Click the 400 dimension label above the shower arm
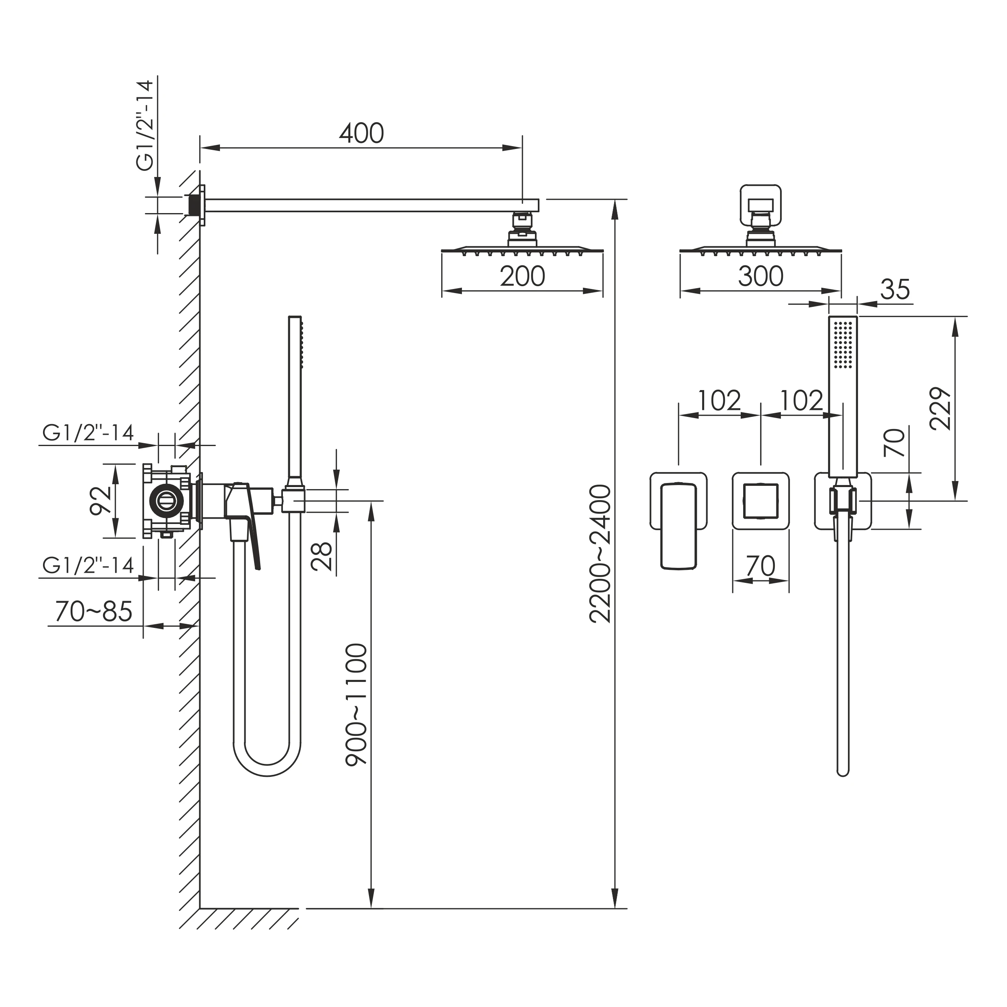pyautogui.click(x=362, y=134)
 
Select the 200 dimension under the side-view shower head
pyautogui.click(x=522, y=276)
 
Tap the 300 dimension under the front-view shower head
pyautogui.click(x=761, y=276)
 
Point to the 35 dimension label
pyautogui.click(x=895, y=289)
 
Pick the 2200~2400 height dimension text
pyautogui.click(x=600, y=554)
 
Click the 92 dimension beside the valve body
pyautogui.click(x=101, y=501)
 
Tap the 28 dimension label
pyautogui.click(x=321, y=556)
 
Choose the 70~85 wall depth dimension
pyautogui.click(x=94, y=611)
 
